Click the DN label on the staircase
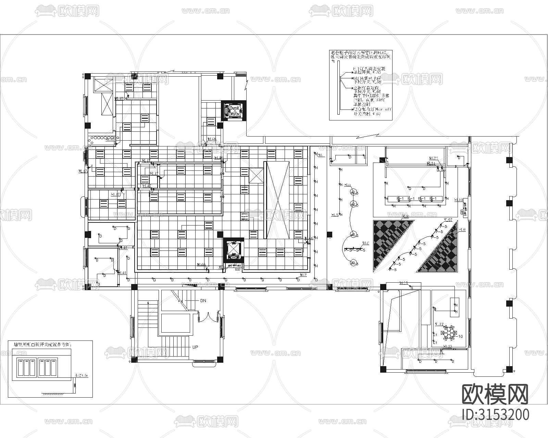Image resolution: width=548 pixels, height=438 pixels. pos(203,300)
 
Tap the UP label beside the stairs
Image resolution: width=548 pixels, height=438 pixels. pos(195,347)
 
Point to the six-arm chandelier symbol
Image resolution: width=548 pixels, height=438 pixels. pos(449,332)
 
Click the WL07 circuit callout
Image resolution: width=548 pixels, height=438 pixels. pos(448,220)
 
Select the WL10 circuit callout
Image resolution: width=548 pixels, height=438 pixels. pos(458,200)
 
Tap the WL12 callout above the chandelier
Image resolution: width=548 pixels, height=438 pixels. pos(439,324)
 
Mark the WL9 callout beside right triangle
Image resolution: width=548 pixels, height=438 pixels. pos(462,230)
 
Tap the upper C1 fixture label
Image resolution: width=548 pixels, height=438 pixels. pos(435,334)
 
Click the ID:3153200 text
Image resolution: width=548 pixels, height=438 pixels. pos(495,414)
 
